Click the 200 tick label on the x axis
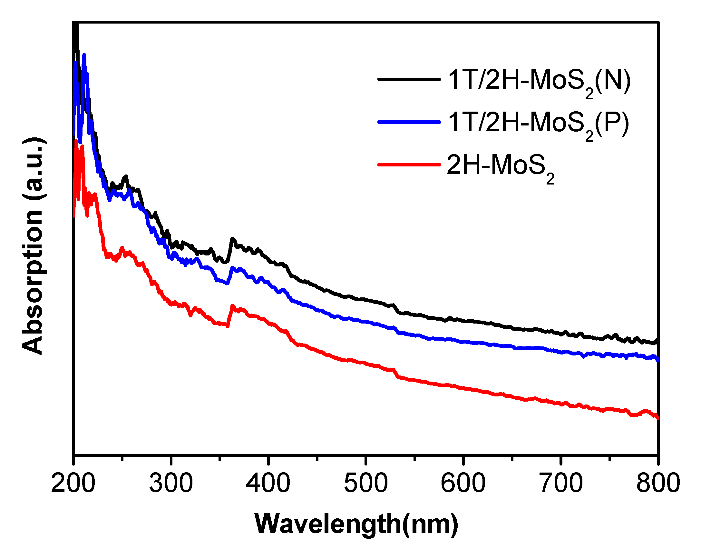pyautogui.click(x=73, y=483)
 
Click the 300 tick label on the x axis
pyautogui.click(x=171, y=483)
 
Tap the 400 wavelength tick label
pyautogui.click(x=268, y=483)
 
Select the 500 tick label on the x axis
pyautogui.click(x=366, y=483)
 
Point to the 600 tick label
pyautogui.click(x=463, y=483)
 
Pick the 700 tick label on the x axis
pyautogui.click(x=561, y=483)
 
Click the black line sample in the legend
pyautogui.click(x=409, y=79)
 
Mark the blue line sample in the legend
pyautogui.click(x=409, y=122)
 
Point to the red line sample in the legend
pyautogui.click(x=409, y=165)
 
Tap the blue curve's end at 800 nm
pyautogui.click(x=657, y=359)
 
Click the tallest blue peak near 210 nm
pyautogui.click(x=84, y=55)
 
